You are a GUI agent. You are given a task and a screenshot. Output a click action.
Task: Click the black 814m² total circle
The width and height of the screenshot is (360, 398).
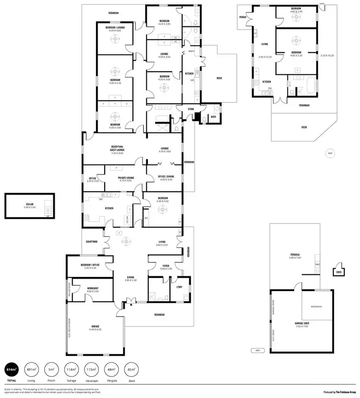tap(12, 369)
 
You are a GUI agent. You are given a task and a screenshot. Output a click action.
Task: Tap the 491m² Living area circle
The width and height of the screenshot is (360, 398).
tap(31, 369)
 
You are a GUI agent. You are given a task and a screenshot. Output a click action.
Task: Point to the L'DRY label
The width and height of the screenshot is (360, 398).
tap(180, 287)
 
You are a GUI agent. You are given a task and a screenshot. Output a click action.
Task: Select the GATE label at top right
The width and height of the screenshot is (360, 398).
tap(322, 3)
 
